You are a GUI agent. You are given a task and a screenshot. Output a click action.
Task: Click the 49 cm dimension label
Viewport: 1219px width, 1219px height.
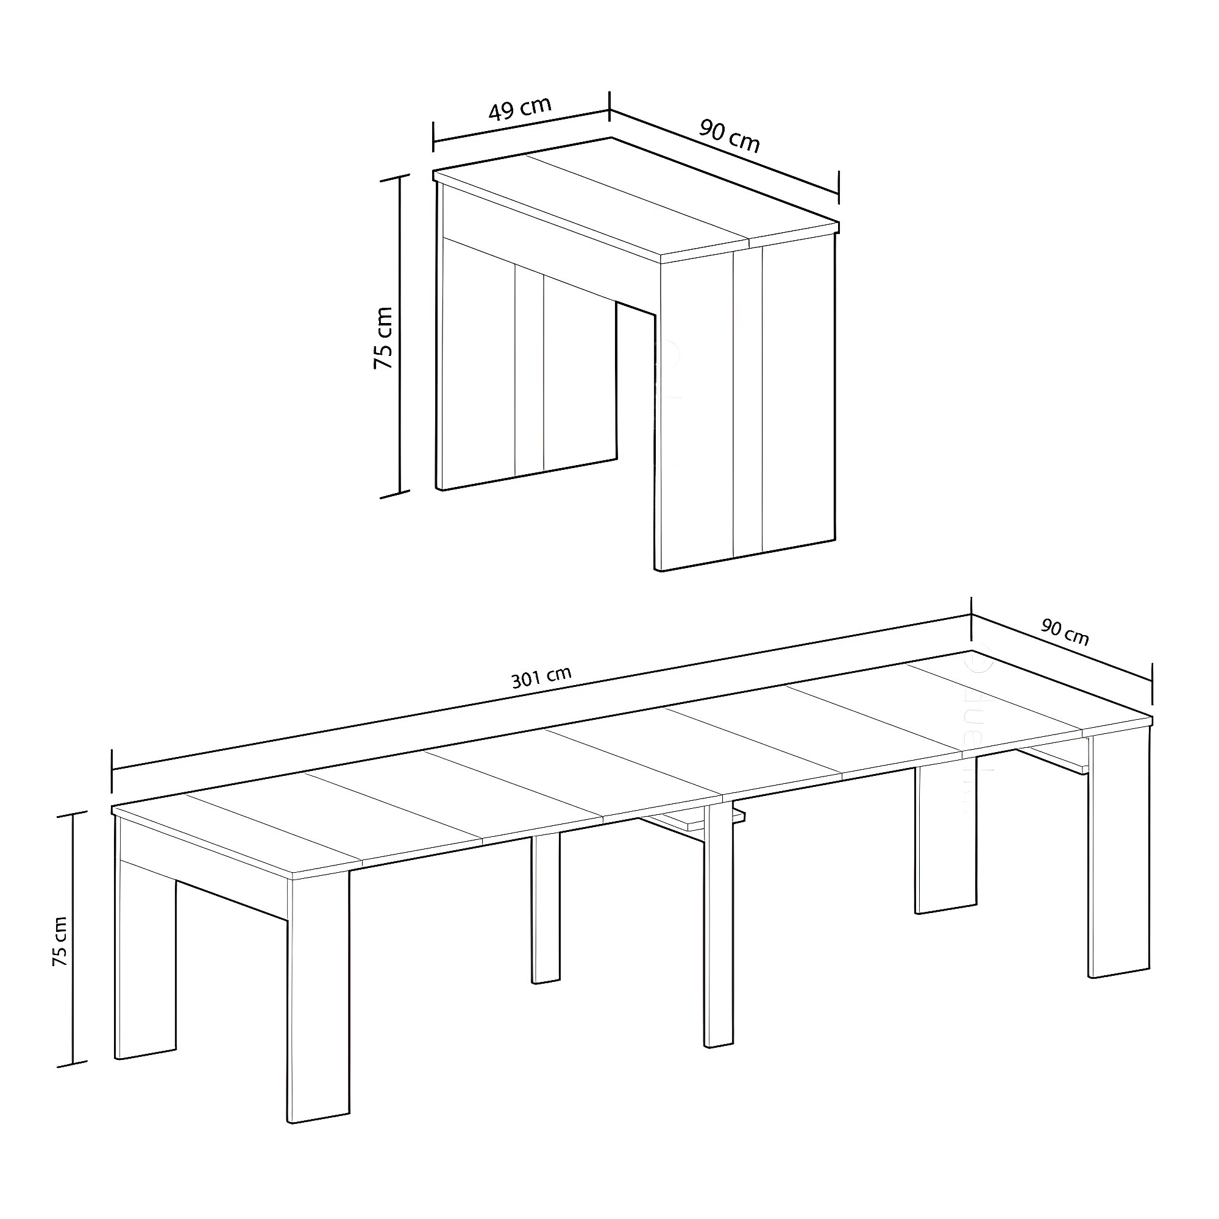click(520, 108)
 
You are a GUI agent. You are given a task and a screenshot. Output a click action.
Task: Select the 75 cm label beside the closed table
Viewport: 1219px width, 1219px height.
click(383, 338)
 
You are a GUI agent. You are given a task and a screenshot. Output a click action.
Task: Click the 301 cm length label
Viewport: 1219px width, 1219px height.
click(541, 677)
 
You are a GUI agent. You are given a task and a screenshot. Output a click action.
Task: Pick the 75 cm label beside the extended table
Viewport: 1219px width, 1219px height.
click(59, 942)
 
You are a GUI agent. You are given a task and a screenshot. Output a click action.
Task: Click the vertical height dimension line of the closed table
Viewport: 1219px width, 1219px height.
click(399, 336)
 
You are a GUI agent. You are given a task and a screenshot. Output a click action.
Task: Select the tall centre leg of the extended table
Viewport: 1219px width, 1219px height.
click(719, 926)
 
